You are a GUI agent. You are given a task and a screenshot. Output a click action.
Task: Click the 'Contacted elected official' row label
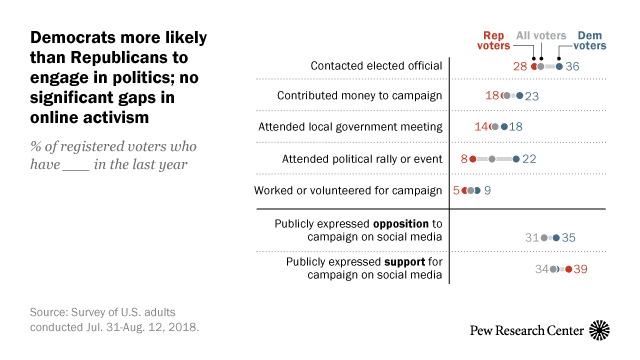point(375,66)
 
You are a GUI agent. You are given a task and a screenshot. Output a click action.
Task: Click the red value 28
point(520,66)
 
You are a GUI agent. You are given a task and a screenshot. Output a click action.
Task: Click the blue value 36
point(572,66)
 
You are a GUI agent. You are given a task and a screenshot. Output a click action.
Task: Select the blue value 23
point(532,97)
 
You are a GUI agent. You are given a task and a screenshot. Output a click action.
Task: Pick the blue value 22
point(530,159)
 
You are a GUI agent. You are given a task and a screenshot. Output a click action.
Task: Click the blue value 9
point(487,190)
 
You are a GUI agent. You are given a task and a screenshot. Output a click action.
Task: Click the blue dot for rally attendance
point(515,159)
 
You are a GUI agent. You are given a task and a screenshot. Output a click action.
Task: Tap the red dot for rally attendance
point(475,159)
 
